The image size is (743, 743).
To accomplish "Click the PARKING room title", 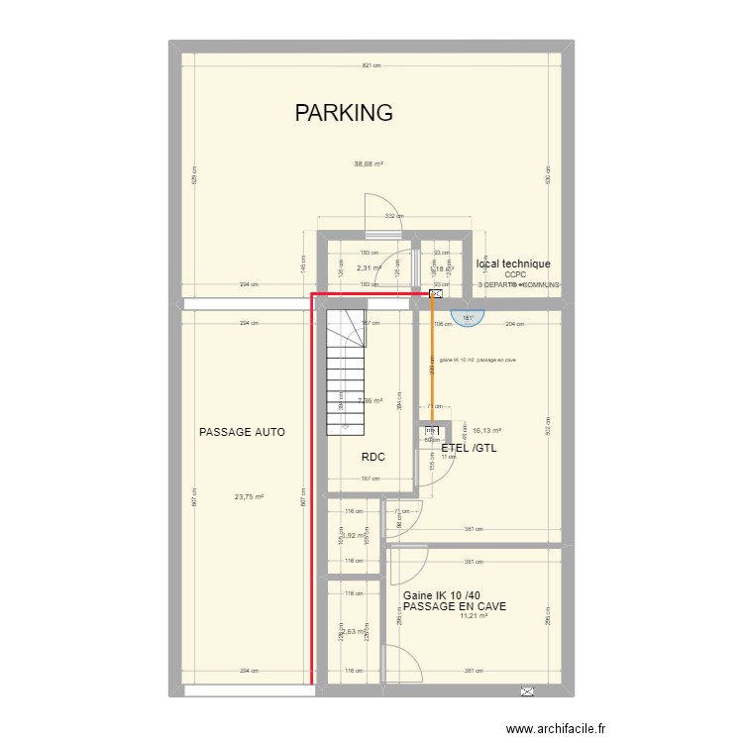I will (344, 113).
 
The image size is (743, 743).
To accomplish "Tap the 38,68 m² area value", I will (369, 164).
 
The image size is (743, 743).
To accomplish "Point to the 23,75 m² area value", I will (249, 497).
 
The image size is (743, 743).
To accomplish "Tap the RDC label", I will (372, 457).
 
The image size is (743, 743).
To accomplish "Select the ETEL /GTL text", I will (470, 448).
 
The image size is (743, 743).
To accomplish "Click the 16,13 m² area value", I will (486, 431).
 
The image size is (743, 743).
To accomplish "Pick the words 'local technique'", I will (513, 264).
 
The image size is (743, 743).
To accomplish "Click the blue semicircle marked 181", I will (468, 317).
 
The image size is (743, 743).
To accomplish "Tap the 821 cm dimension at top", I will (371, 65).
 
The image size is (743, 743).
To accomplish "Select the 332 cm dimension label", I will (393, 216).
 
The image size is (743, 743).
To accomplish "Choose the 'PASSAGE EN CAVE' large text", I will (455, 606).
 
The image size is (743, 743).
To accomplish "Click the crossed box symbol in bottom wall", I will (526, 690).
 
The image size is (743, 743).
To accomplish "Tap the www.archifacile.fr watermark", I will (555, 729).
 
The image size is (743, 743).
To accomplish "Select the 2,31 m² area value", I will (369, 267).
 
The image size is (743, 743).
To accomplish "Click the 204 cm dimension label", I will (514, 323).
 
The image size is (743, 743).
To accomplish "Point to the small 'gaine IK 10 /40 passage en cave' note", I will (484, 360).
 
